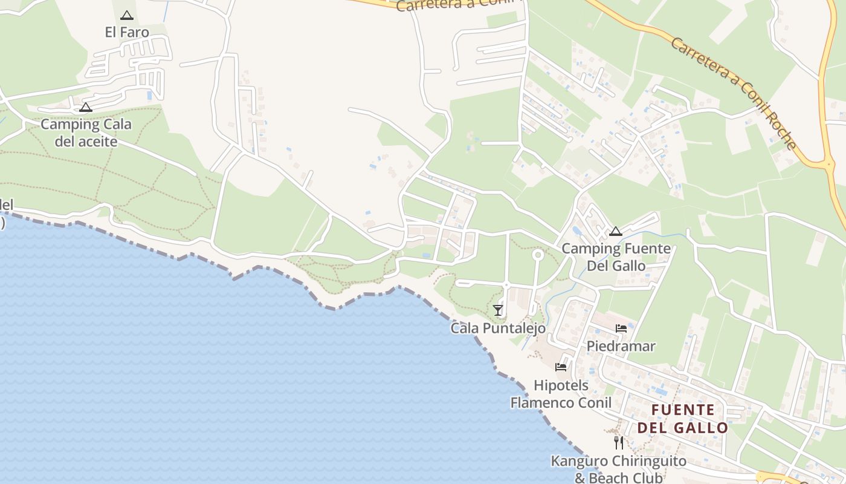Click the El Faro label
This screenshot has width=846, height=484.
point(127,32)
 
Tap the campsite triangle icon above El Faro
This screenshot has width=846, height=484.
point(127,16)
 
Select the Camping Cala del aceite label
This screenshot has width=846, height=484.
point(86,133)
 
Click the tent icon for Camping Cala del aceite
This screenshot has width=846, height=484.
point(86,108)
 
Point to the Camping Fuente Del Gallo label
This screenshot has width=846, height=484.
point(616,257)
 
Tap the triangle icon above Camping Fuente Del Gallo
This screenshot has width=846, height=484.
point(616,231)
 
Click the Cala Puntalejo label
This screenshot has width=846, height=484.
point(498,328)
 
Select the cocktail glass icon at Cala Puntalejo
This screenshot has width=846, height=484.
point(498,310)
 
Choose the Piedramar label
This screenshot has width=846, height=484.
point(621,346)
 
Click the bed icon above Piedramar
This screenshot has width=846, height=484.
point(621,329)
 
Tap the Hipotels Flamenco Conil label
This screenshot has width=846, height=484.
point(561,394)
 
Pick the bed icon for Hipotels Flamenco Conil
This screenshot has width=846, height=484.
point(561,367)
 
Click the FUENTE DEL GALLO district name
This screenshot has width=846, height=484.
point(683,419)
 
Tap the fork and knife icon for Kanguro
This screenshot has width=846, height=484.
point(618,443)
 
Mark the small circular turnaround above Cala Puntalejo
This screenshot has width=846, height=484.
point(537,255)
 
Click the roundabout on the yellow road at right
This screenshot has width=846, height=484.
point(829,163)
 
